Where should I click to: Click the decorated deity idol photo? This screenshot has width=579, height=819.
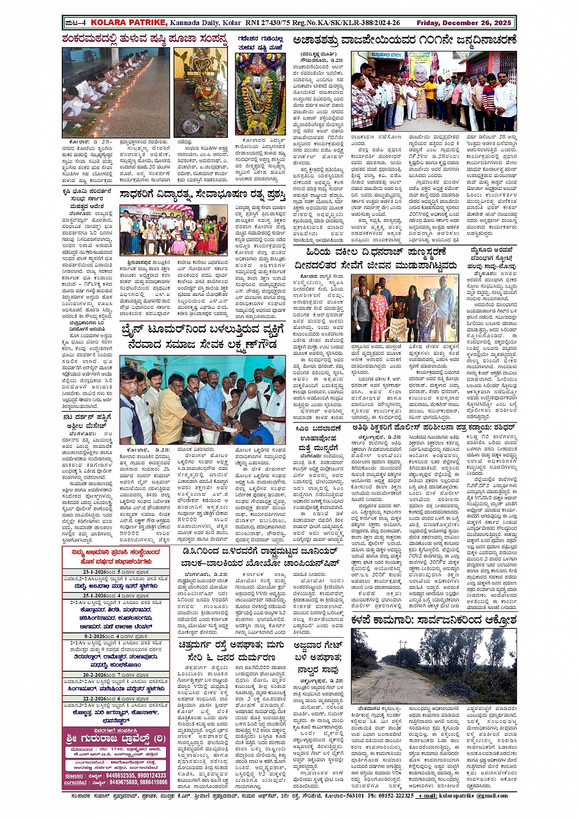260,95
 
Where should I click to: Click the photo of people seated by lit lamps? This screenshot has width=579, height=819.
116,92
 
